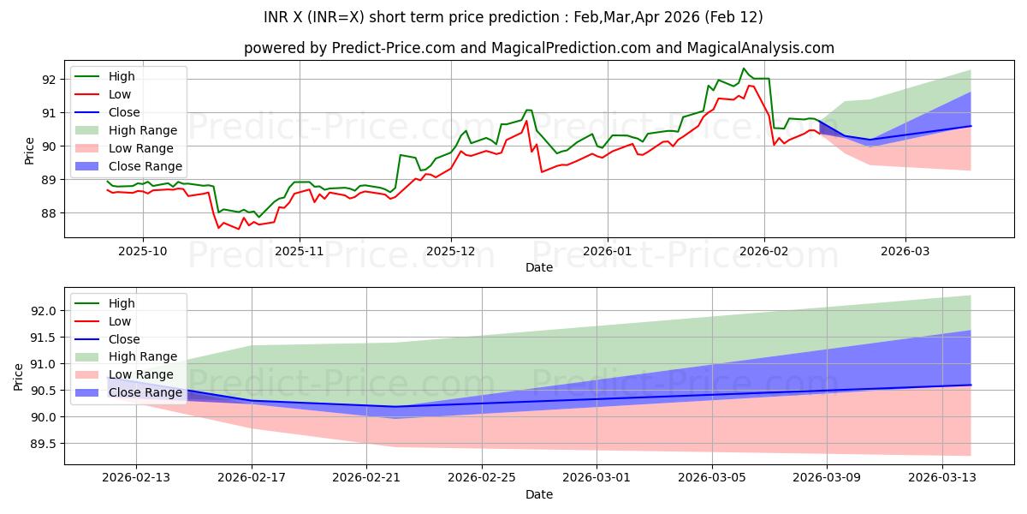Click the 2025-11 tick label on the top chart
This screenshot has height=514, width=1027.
point(300,252)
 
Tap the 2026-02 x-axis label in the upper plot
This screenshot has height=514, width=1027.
point(764,252)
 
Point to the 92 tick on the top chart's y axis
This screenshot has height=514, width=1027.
point(49,80)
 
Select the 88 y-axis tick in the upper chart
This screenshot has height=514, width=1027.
point(49,213)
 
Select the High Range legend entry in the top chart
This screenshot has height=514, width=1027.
point(142,130)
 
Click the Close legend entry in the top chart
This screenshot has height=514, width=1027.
point(124,112)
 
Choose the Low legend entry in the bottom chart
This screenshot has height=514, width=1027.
point(120,321)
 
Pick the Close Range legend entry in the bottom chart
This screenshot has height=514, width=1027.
point(145,392)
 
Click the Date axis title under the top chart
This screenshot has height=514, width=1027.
point(539,267)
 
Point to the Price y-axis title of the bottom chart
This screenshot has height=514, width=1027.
point(18,376)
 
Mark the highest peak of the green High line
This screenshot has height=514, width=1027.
point(743,69)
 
